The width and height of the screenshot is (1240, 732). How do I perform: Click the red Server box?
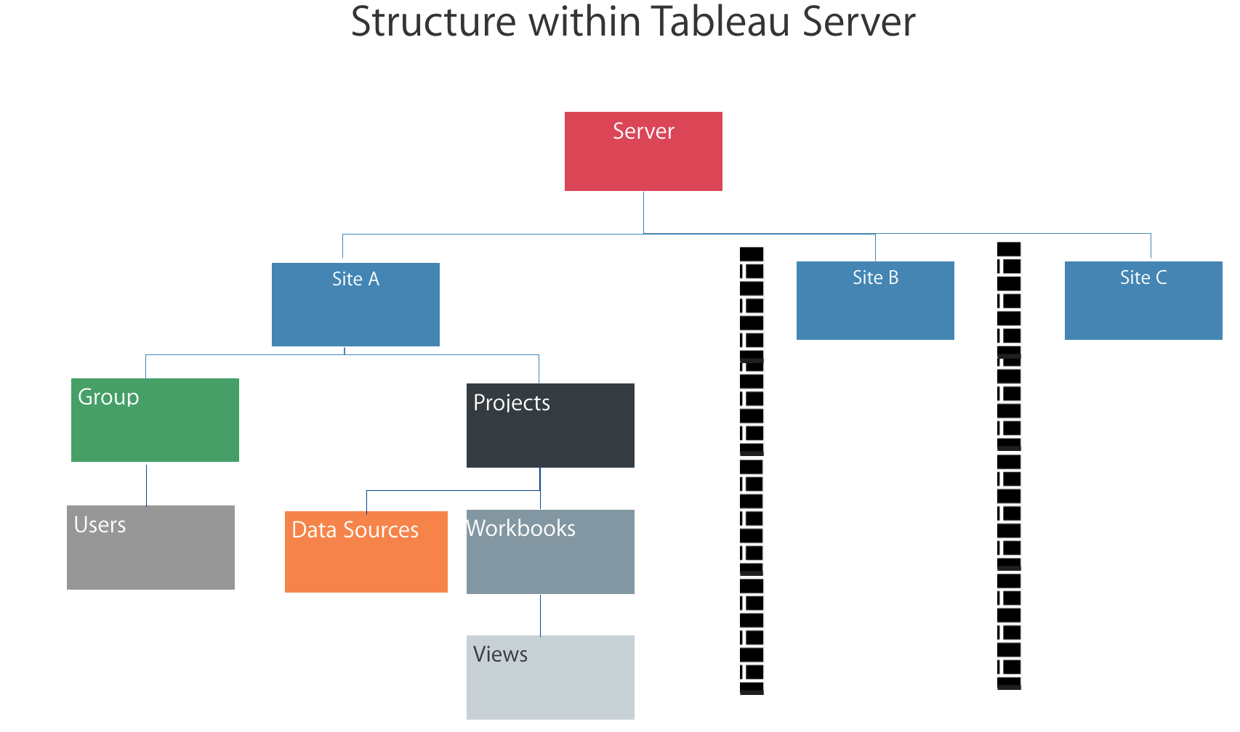[x=643, y=151]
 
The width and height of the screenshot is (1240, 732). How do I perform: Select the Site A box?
[x=355, y=304]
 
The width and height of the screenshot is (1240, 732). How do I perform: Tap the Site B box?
[x=875, y=301]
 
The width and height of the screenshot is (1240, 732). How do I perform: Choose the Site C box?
[x=1143, y=301]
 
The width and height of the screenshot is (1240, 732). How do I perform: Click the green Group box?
[x=155, y=420]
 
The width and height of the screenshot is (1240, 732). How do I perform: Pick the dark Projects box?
[x=550, y=426]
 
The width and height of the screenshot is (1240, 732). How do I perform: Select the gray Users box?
[x=150, y=548]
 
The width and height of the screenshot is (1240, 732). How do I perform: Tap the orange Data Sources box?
[x=366, y=552]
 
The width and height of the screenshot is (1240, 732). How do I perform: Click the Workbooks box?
[x=550, y=552]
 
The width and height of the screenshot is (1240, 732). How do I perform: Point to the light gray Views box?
[x=550, y=678]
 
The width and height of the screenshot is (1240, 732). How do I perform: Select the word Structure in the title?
[x=433, y=22]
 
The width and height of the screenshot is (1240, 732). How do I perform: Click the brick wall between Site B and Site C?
[x=1009, y=465]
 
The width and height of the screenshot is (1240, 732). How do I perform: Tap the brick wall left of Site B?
[x=752, y=471]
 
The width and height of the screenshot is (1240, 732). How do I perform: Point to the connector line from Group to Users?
[x=147, y=484]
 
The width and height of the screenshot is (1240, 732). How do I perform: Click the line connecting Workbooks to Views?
[x=540, y=614]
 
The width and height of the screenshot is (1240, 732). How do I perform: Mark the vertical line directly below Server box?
[x=643, y=212]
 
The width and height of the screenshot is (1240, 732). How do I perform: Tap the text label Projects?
[x=512, y=403]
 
